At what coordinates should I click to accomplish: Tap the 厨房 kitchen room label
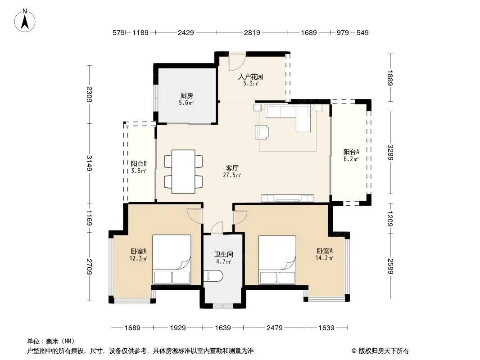click(186, 96)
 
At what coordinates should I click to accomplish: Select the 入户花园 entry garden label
click(251, 76)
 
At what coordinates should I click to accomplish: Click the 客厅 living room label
click(232, 168)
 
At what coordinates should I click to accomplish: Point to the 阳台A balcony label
click(351, 152)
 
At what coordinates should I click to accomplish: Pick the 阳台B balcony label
click(139, 163)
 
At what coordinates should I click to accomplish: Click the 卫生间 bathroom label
click(223, 255)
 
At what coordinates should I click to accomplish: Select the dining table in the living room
click(183, 171)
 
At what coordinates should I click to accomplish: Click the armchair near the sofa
click(262, 132)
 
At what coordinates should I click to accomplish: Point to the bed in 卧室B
click(172, 260)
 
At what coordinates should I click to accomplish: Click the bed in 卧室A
click(277, 260)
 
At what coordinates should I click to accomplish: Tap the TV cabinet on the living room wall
click(287, 198)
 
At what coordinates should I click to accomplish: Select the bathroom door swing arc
click(217, 227)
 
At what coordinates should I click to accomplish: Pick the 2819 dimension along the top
click(252, 33)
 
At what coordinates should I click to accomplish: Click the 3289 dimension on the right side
click(390, 152)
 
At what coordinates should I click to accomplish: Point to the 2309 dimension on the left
click(89, 94)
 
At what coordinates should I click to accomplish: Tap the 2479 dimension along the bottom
click(274, 328)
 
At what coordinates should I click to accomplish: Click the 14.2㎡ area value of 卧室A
click(324, 258)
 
